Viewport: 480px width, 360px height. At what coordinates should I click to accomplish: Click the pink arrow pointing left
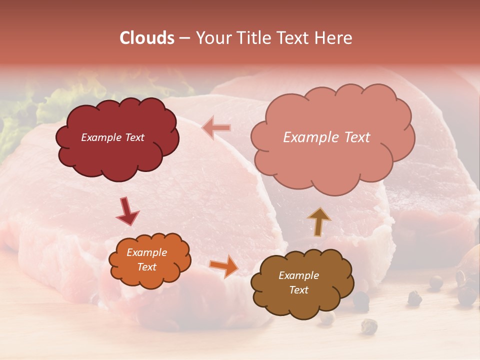point(216,128)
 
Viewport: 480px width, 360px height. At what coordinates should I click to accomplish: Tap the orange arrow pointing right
point(224,266)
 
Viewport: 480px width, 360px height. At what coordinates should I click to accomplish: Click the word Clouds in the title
point(147,38)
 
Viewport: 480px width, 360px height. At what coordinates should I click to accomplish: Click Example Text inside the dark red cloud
point(112,137)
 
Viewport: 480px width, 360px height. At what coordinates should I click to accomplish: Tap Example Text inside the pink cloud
point(326,137)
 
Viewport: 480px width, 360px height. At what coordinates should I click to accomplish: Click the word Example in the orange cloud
point(146,252)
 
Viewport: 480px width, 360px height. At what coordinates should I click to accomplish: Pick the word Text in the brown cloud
point(298,290)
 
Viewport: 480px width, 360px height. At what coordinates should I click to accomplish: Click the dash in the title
point(184,38)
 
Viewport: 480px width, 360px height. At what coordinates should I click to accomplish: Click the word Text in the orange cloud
point(146,267)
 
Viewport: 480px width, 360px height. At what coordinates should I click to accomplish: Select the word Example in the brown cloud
point(298,275)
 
